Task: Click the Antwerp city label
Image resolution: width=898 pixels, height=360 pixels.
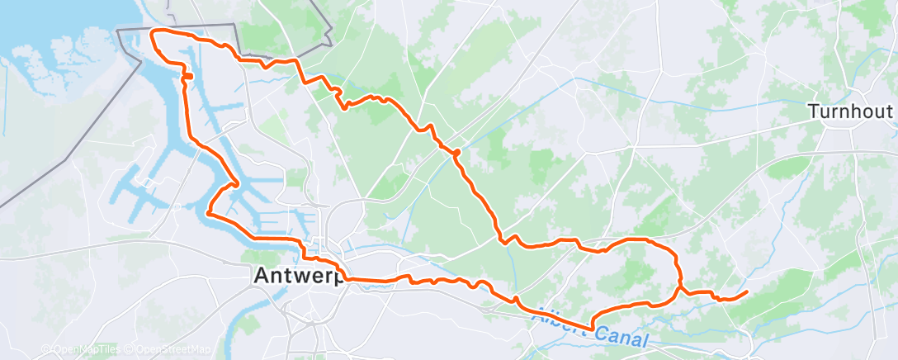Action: coord(297,278)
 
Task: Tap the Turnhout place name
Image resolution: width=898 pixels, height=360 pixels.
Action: coord(850,111)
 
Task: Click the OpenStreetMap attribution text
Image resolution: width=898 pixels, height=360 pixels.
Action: coord(174,350)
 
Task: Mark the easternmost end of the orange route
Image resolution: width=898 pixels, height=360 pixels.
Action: coord(747,291)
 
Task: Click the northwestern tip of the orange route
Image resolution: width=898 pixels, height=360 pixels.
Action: coord(151,32)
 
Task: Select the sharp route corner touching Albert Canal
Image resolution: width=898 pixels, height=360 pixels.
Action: coord(593,329)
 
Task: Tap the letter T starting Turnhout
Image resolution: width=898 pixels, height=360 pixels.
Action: coord(813,111)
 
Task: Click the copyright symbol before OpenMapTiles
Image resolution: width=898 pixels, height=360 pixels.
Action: coord(45,350)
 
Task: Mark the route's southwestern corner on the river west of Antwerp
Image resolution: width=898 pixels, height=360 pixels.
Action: coord(207,214)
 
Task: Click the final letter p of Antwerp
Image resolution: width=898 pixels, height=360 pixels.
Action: coord(339,280)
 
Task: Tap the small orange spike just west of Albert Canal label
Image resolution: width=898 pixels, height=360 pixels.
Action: coord(515,298)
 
